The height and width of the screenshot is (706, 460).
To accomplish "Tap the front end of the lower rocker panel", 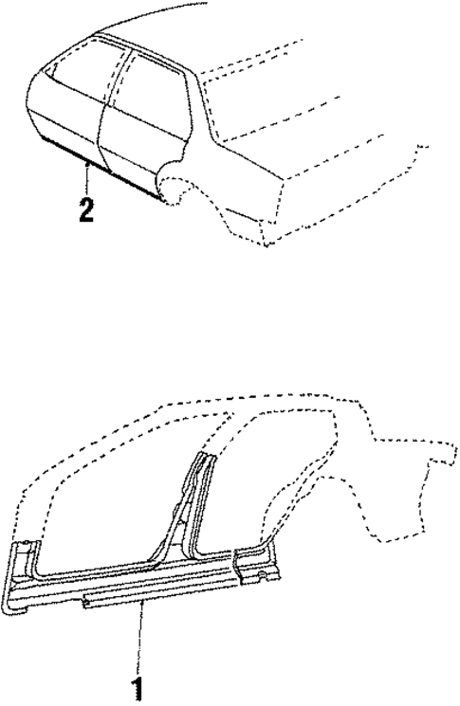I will (x=24, y=573).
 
